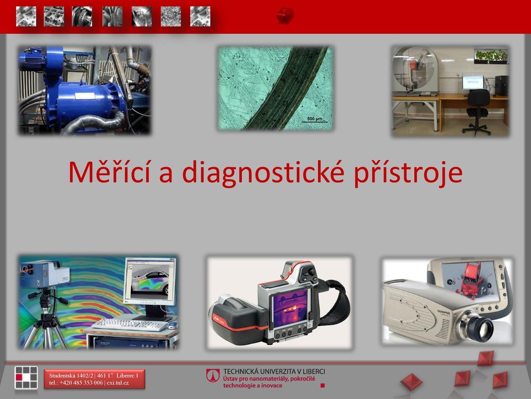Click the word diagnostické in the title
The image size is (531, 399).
(263, 173)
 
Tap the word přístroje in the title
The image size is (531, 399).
(408, 173)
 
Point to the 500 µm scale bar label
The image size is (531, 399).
(315, 119)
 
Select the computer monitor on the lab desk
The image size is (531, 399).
(473, 83)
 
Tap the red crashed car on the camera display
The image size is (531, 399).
(473, 278)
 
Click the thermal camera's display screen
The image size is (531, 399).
(290, 309)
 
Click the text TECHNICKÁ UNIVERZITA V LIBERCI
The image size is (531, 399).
(274, 371)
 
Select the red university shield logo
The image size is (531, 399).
(213, 376)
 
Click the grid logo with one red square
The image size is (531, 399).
(26, 377)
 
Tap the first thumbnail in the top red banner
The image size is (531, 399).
(26, 16)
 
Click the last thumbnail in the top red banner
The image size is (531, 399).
(200, 16)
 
